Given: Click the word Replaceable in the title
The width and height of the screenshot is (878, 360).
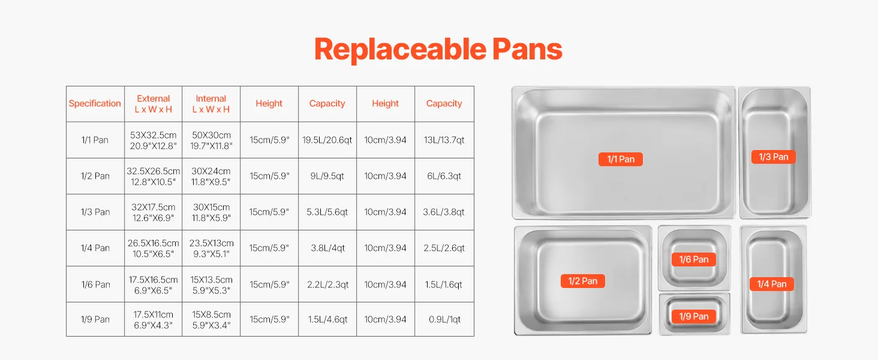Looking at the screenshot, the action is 400,49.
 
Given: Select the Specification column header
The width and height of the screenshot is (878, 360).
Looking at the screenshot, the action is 95,104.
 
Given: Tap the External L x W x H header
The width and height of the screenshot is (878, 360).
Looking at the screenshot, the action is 154,104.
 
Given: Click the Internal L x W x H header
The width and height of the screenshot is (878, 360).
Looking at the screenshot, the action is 211,104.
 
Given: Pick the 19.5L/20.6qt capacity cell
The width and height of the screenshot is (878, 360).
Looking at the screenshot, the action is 327,140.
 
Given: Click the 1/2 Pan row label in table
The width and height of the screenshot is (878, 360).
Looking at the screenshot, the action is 95,176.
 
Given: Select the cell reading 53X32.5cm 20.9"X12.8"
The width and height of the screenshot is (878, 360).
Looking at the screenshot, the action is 154,140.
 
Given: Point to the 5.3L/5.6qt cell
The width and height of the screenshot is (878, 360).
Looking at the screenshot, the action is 327,212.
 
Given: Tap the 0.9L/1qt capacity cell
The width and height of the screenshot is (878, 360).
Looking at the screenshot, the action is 444,319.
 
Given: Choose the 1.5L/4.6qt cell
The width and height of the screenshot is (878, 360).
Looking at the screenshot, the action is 327,319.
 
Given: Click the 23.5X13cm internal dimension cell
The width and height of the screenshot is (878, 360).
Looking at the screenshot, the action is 211,248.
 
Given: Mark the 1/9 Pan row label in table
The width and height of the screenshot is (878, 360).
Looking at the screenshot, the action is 95,319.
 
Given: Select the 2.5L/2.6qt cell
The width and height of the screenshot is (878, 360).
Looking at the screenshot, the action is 444,248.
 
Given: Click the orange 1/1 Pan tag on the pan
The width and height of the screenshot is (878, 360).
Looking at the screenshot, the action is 621,159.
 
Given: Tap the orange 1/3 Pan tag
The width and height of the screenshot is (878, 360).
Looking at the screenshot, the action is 773,157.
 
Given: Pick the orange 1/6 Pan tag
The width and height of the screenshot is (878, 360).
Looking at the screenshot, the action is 694,259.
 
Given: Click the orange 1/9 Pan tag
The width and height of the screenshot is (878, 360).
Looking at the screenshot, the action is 694,316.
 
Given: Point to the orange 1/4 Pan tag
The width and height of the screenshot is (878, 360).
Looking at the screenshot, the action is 772,284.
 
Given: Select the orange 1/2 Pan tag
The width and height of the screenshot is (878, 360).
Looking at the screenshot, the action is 583,281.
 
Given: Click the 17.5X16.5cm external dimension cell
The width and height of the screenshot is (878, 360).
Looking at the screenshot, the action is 154,285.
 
